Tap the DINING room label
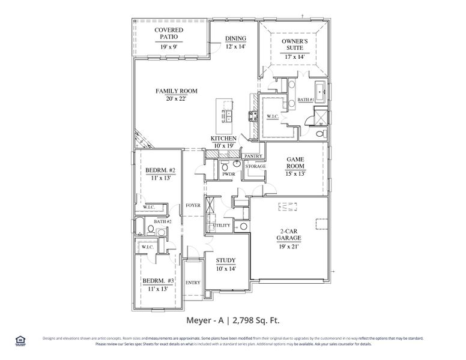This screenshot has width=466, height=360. coord(235,38)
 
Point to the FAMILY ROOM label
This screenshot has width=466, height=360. coord(177,91)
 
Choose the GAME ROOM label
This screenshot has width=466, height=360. coord(295,162)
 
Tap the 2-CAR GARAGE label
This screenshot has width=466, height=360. coord(289,234)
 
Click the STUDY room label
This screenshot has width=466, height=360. coord(226,260)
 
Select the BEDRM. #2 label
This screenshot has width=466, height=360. coord(160,170)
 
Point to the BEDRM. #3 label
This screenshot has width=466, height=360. coord(159,281)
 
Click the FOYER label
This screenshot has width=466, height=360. coord(193,205)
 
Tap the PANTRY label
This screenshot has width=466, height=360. coord(253,156)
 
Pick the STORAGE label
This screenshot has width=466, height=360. coord(255,166)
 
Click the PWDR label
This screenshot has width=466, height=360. coord(228,175)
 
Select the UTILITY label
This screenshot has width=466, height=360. coord(222,225)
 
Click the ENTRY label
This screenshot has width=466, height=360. coord(193,283)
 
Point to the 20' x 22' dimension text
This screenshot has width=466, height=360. coord(177,98)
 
